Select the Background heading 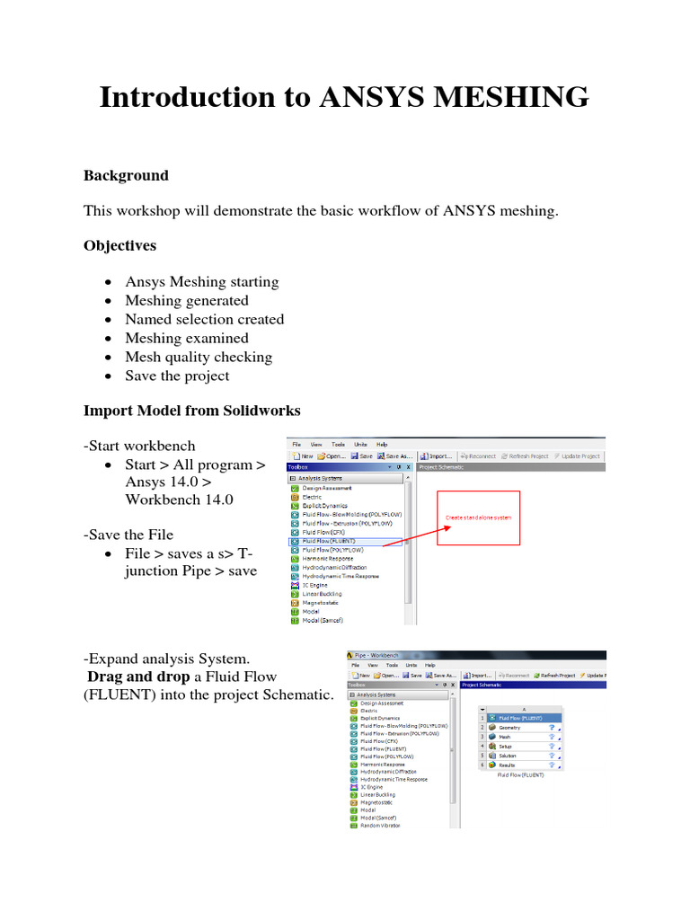point(126,175)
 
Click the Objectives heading point(119,245)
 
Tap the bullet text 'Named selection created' point(204,319)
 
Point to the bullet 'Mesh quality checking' point(199,357)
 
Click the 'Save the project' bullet point(177,376)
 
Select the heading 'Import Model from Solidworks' point(192,411)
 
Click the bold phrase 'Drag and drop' point(137,677)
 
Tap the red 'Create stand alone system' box point(479,517)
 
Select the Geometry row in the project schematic point(509,728)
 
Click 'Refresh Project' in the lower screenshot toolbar point(557,675)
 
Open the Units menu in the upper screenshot point(360,444)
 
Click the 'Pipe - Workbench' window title point(378,655)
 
